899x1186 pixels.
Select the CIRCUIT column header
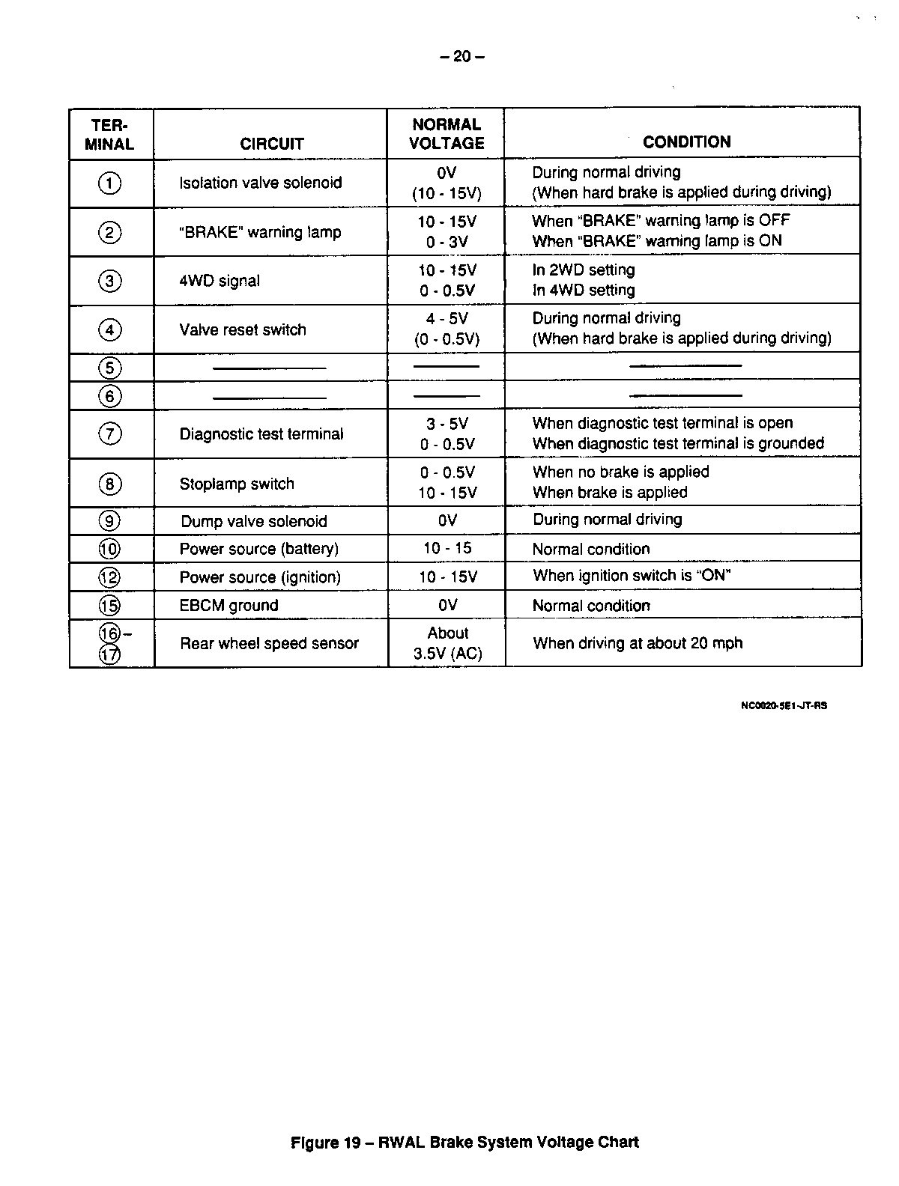[272, 144]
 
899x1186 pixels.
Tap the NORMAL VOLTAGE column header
[447, 134]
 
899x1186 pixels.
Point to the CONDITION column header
[686, 142]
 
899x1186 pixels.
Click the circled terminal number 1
[109, 183]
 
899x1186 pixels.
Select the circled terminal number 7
[109, 434]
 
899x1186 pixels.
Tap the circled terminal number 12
[109, 577]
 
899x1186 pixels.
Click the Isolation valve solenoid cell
[260, 183]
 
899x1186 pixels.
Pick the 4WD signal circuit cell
[220, 281]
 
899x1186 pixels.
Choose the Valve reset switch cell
[243, 329]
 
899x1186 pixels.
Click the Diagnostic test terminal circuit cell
[261, 434]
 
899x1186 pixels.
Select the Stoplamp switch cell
[237, 484]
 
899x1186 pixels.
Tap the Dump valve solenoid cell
[254, 521]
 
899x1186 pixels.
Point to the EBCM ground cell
[228, 606]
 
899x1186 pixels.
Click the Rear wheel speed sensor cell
[269, 643]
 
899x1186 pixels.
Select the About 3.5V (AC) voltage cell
[447, 643]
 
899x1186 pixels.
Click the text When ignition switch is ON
[632, 576]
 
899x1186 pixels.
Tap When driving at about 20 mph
[638, 643]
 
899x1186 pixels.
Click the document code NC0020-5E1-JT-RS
[783, 705]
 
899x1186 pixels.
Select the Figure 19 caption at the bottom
[464, 1143]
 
